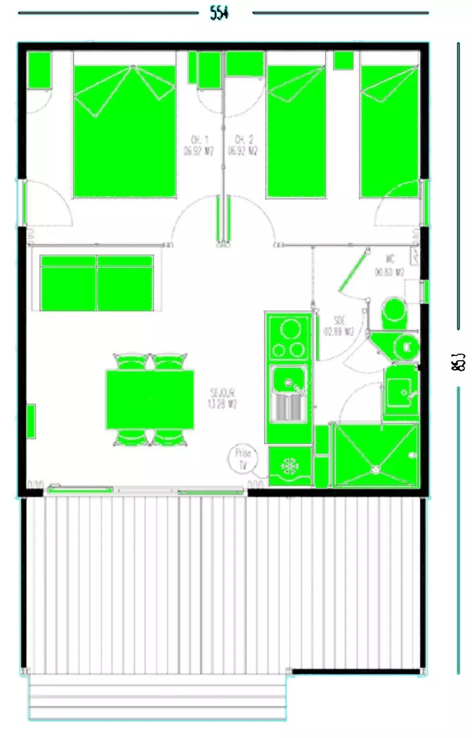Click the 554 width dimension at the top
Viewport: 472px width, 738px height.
219,13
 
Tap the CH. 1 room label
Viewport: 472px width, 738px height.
199,145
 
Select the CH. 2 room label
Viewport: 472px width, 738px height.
243,145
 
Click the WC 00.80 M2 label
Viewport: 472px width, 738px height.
390,266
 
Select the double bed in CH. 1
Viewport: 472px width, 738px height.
125,131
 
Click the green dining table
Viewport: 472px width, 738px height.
150,399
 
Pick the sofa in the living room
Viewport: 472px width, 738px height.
97,282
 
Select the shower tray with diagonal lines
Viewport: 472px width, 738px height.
375,455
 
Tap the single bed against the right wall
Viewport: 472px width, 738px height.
389,131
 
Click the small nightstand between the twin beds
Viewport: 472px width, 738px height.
343,60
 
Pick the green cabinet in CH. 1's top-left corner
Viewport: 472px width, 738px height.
39,70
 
